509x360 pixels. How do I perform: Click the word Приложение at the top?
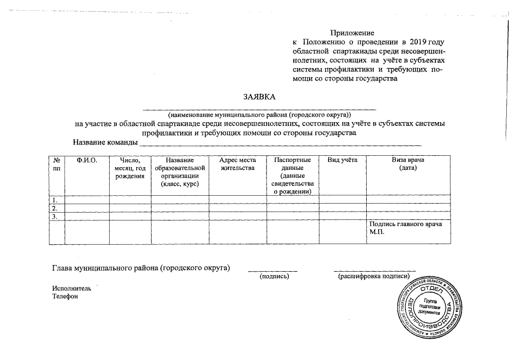click(x=352, y=34)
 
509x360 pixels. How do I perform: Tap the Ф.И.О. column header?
click(x=87, y=160)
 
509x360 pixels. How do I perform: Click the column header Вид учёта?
click(x=342, y=160)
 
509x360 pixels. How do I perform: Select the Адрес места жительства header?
click(x=238, y=164)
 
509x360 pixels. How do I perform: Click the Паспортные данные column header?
click(x=292, y=175)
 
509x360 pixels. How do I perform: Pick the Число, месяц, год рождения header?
click(x=130, y=168)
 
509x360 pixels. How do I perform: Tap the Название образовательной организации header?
click(x=180, y=172)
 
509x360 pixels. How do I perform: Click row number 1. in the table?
click(x=55, y=200)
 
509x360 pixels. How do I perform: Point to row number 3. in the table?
click(x=55, y=216)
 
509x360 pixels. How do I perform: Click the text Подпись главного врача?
click(x=405, y=224)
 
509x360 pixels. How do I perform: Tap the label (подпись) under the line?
click(x=273, y=277)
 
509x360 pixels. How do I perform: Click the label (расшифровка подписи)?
click(x=373, y=277)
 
